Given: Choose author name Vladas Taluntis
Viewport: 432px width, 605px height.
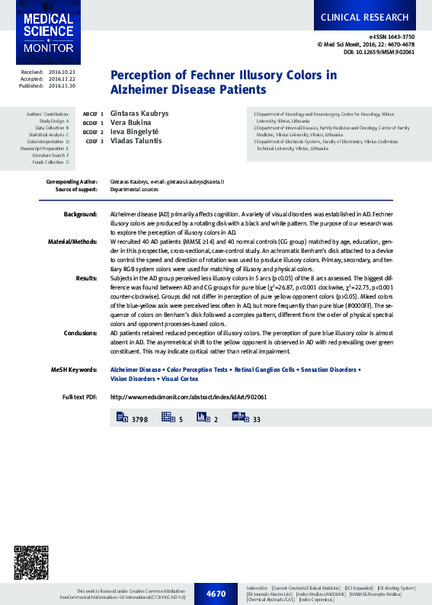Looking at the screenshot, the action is [136, 141].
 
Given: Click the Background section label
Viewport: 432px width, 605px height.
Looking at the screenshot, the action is [80, 216].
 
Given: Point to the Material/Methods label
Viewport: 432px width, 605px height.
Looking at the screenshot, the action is [72, 241].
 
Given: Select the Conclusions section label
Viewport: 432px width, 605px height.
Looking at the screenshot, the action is [80, 333].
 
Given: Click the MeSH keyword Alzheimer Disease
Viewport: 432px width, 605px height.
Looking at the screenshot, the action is [136, 370].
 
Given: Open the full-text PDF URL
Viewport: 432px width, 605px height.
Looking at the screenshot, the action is [188, 397].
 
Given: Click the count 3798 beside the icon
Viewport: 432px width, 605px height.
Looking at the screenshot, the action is [139, 419].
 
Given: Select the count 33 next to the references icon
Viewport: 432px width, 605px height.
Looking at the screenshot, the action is [256, 419].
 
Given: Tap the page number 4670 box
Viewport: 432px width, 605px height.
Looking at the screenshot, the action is [216, 593].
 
